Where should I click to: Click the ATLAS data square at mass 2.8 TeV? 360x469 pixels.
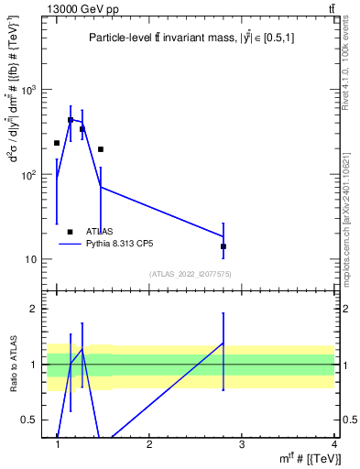tap(224, 246)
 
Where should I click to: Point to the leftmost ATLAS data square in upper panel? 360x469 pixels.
tap(57, 143)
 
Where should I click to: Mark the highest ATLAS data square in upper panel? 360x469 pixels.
tap(71, 120)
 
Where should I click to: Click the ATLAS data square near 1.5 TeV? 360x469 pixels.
tap(101, 148)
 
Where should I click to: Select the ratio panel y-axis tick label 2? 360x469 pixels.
tap(36, 309)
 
